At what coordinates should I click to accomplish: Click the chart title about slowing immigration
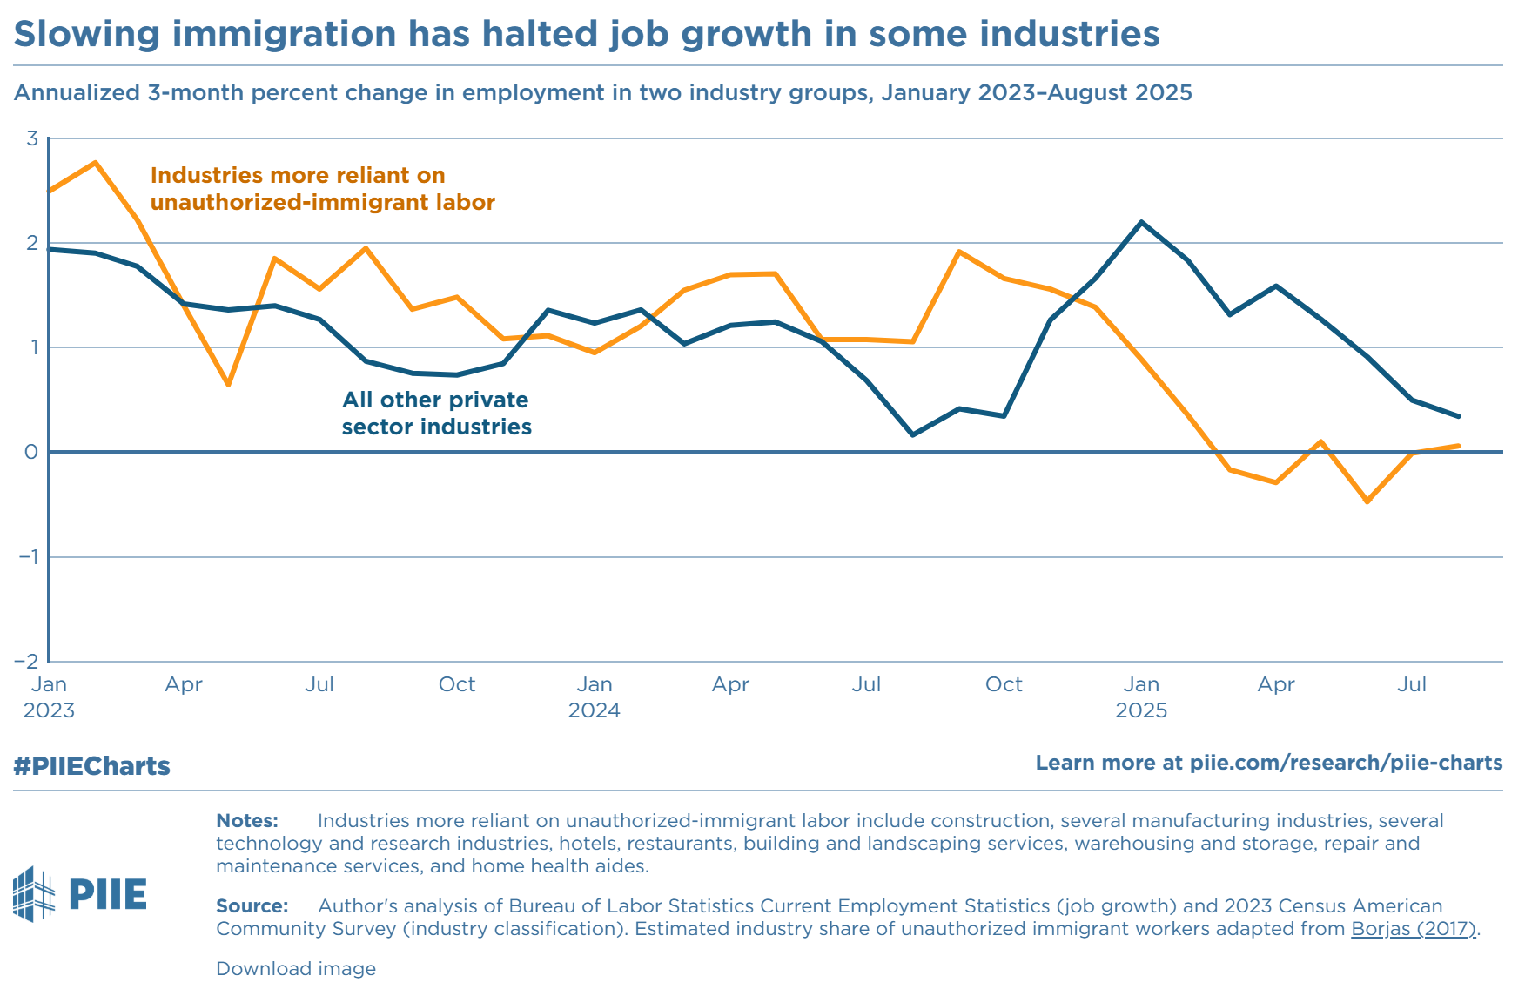point(586,35)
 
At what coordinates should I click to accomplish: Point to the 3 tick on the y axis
point(32,138)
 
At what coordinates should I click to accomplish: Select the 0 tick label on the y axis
point(32,452)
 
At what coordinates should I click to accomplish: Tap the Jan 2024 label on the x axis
point(595,697)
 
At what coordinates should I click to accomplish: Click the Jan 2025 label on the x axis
point(1141,697)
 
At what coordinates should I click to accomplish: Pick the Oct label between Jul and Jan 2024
point(457,684)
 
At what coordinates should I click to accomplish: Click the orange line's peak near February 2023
point(95,163)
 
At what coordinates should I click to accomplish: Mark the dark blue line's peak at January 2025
point(1141,222)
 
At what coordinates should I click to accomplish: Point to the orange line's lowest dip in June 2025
point(1367,501)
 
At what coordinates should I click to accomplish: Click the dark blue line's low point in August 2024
point(912,434)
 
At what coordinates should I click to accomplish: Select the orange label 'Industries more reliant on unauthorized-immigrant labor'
point(322,189)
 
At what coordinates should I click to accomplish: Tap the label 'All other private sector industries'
point(436,414)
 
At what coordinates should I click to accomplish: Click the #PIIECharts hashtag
point(91,766)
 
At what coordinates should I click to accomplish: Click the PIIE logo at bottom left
point(80,894)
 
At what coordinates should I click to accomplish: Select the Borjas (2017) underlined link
point(1414,929)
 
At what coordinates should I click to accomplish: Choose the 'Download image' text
point(296,969)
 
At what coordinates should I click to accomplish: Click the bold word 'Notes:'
point(247,821)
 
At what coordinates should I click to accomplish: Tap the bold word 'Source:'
point(252,906)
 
